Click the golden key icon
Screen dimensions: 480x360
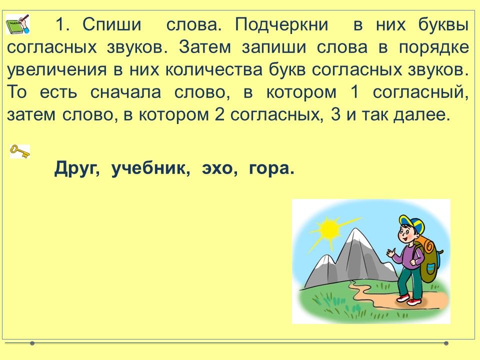(x=20, y=151)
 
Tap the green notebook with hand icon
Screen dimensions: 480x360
(x=18, y=24)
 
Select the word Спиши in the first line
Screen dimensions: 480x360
(x=112, y=24)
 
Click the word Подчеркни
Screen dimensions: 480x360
(x=281, y=25)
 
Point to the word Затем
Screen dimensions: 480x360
(x=205, y=47)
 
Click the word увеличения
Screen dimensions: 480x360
(x=57, y=70)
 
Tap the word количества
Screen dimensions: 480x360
(x=214, y=70)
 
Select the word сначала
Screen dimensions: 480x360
(x=125, y=92)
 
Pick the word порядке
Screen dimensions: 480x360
(x=434, y=48)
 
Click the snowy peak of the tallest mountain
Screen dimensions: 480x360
(x=354, y=237)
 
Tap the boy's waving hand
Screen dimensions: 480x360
(x=390, y=253)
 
